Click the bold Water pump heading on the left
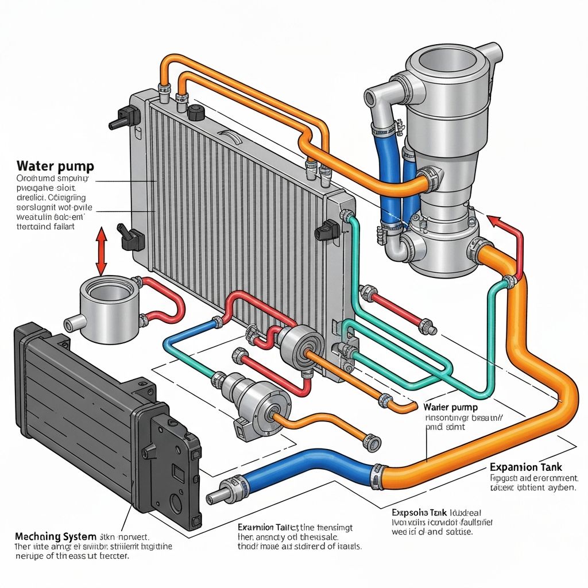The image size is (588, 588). coord(55,167)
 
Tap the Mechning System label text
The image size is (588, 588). coord(55,537)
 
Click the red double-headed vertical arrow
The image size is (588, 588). coord(101,252)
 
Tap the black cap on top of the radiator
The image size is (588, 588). coord(196,111)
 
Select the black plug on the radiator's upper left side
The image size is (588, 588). coord(121,118)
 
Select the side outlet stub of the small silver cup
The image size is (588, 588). coord(72,323)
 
